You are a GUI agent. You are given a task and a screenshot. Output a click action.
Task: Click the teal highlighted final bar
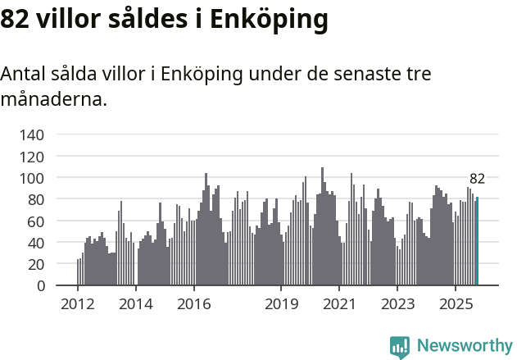point(477,242)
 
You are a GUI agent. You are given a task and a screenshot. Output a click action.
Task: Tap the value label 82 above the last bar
point(477,179)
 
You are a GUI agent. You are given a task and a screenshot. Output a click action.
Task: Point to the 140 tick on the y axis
point(33,134)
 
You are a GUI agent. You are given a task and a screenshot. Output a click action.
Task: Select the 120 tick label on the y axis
point(33,156)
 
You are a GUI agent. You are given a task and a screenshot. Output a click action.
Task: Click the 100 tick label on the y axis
point(33,178)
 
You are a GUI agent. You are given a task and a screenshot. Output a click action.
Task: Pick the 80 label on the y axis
point(37,199)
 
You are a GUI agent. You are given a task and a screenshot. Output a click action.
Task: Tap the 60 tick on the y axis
point(37,221)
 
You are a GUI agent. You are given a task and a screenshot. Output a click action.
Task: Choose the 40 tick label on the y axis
point(37,243)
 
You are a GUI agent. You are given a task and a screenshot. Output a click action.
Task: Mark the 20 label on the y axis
point(37,265)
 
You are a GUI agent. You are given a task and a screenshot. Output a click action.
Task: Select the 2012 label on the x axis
point(78,305)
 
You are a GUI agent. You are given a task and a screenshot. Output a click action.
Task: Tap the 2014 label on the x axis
point(136,305)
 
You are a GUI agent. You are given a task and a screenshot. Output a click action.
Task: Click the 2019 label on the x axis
point(281,305)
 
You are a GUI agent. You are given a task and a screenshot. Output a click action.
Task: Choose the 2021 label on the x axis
point(339,305)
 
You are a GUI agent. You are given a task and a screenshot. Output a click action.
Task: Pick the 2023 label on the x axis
point(397,305)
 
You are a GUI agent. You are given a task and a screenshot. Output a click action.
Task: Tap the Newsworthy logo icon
point(400,347)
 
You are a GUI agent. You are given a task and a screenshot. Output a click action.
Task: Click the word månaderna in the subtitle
point(53,100)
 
